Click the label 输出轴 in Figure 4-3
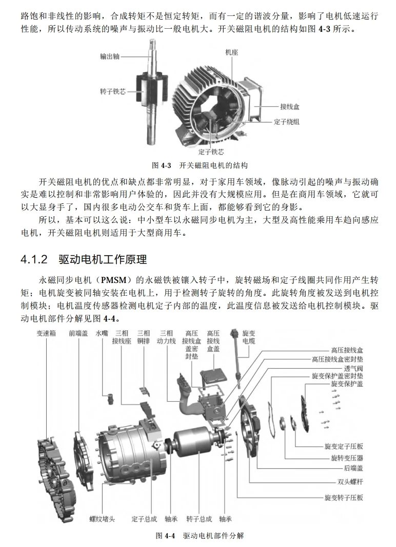109,56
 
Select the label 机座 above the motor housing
231,52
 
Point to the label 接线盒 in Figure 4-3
290,107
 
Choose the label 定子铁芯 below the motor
211,152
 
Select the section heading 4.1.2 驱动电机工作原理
84,258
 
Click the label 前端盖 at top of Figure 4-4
78,333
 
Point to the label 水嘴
102,333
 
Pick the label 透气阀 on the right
353,368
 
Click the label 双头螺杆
347,482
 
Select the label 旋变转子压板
344,498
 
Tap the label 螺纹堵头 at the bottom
102,519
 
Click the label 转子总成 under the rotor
199,519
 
